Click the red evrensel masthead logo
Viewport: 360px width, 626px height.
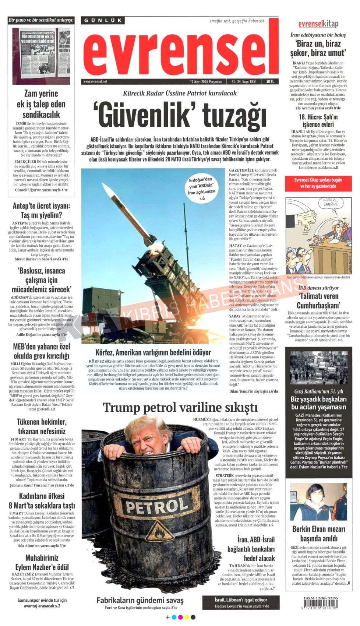180,52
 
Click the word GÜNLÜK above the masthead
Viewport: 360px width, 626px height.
103,21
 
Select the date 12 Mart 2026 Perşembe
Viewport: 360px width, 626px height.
206,81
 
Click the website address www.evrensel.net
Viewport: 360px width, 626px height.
95,81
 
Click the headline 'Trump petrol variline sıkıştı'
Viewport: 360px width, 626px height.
180,407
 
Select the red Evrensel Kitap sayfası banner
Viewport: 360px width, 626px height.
318,183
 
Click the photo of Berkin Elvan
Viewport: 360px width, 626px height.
318,502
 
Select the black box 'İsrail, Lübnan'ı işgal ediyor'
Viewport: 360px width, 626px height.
241,602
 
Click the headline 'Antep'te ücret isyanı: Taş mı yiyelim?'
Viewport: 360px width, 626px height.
41,210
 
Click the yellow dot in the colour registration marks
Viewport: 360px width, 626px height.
187,617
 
